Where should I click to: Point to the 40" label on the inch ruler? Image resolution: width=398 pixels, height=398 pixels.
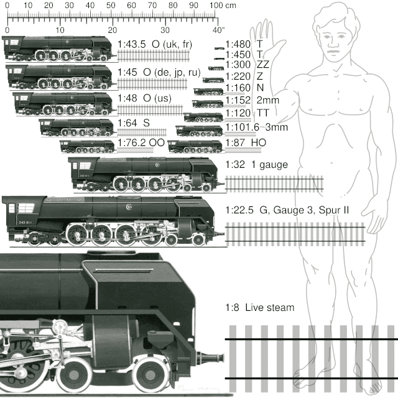[217, 29]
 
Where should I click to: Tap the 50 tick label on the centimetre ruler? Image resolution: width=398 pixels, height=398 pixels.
[111, 6]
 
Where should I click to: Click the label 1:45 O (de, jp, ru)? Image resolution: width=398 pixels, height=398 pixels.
[150, 72]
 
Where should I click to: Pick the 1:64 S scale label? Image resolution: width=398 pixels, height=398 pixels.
[133, 123]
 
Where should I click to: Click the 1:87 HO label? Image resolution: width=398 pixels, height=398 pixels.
[245, 143]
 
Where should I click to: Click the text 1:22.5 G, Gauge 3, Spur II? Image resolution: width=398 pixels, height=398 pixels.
[287, 210]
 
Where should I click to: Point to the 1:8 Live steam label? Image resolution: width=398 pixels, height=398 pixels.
[260, 307]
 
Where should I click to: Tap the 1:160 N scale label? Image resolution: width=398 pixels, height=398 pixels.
[239, 87]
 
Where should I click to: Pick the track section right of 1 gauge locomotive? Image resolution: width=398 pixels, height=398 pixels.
[274, 183]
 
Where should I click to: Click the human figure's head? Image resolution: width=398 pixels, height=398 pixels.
[330, 28]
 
